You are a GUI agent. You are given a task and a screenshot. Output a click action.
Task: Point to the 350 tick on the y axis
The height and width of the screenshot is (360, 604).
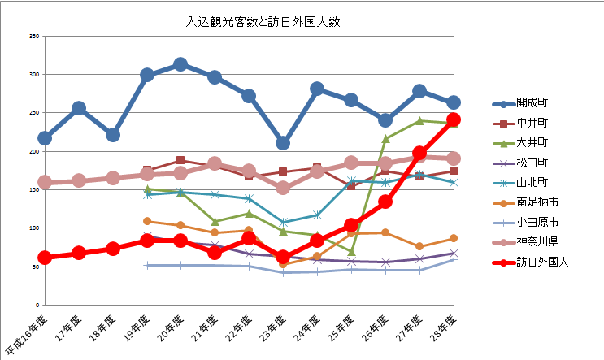pyautogui.click(x=34, y=37)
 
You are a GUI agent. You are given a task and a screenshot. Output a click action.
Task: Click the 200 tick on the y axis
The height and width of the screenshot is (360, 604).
pyautogui.click(x=34, y=152)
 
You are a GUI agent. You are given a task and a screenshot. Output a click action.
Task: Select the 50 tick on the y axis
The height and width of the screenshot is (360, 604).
pyautogui.click(x=36, y=267)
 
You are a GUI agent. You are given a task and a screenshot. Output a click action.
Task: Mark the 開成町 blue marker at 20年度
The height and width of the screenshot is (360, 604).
pyautogui.click(x=181, y=64)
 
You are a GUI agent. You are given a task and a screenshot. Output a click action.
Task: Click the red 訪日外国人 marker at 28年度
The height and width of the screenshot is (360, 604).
pyautogui.click(x=454, y=119)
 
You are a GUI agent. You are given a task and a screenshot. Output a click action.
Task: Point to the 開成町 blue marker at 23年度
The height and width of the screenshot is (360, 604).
pyautogui.click(x=283, y=143)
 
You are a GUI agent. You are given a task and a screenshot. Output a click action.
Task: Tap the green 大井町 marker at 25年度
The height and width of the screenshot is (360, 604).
pyautogui.click(x=351, y=252)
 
